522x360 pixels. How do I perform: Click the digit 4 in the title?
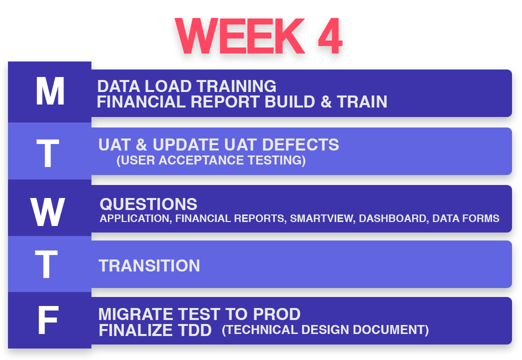point(330,36)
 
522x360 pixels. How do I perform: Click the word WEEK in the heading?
point(240,36)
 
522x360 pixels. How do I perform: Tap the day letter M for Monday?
point(50,91)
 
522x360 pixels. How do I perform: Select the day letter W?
point(47,212)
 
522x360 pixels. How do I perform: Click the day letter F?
point(48,320)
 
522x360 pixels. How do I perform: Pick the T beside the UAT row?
point(47,153)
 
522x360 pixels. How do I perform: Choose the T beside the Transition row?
point(46,264)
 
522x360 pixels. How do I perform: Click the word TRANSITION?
point(149,266)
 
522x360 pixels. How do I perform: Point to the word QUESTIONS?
point(148,204)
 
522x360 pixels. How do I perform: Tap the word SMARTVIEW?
point(321,218)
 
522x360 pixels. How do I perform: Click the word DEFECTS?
point(300,144)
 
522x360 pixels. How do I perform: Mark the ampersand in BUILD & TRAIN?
point(326,101)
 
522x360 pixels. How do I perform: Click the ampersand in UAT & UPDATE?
point(141,144)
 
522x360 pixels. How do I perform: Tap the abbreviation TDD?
point(195,330)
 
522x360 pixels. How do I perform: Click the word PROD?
point(277,314)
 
